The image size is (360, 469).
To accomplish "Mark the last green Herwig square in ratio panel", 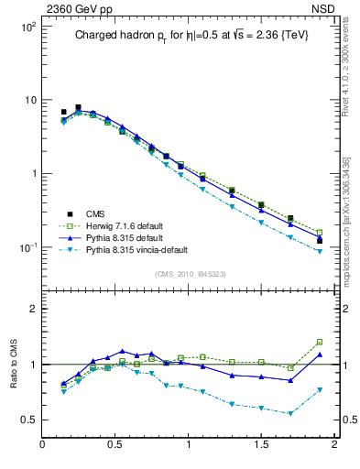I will tap(320, 342).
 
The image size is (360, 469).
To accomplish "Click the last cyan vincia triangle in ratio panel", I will tap(320, 390).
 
